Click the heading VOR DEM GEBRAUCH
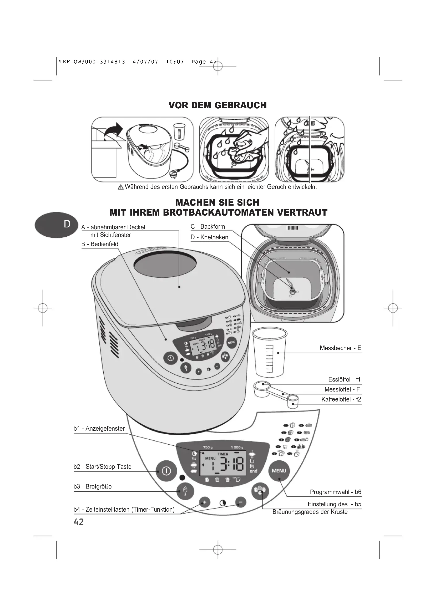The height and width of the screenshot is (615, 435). click(217, 105)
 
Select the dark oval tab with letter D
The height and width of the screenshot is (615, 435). click(56, 225)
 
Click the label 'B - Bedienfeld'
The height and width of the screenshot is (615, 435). click(100, 244)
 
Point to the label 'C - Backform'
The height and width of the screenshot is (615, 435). click(208, 227)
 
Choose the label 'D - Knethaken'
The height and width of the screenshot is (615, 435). click(209, 237)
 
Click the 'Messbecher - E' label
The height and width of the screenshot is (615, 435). click(340, 348)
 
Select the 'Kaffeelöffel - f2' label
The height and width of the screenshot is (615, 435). click(341, 399)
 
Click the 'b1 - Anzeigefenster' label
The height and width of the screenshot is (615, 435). click(99, 429)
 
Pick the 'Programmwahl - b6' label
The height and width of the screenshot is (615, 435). click(335, 492)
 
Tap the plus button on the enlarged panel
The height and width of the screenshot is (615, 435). click(205, 502)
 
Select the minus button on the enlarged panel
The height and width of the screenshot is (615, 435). click(241, 502)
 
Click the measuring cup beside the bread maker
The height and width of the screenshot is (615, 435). click(270, 353)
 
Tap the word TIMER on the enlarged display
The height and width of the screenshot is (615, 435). click(223, 454)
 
